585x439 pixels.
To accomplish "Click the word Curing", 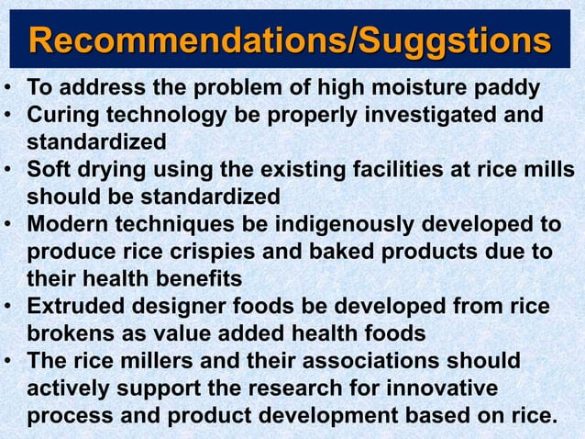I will [61, 117].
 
